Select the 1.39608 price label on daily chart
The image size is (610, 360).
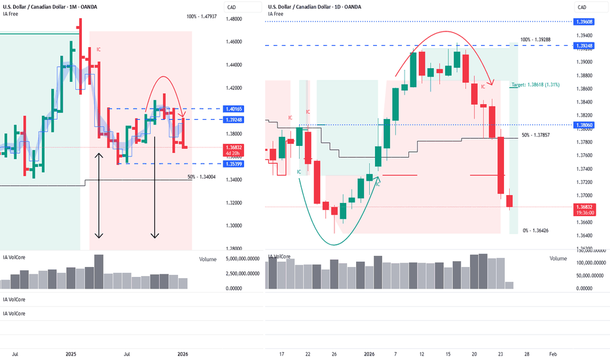coord(584,22)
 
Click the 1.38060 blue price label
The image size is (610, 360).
coord(584,124)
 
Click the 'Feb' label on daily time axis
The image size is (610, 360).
coord(553,353)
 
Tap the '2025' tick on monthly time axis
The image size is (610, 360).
coord(72,353)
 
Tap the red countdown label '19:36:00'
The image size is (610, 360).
coord(584,213)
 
